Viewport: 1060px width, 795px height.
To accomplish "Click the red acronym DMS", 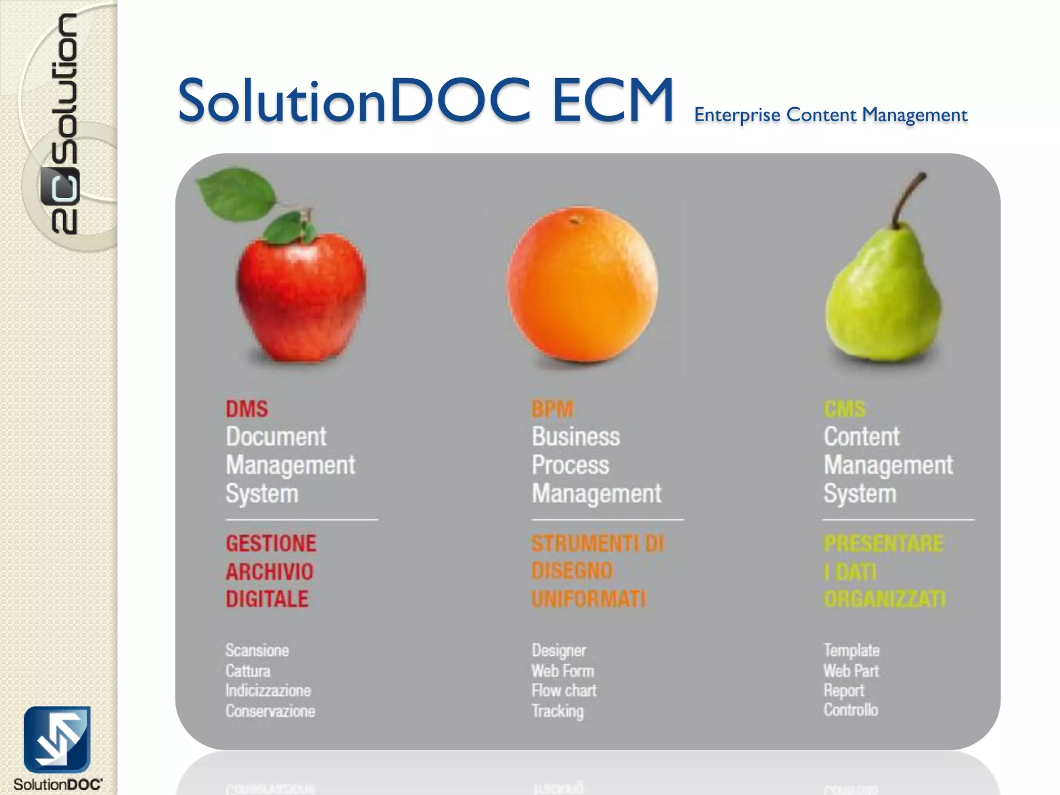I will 247,409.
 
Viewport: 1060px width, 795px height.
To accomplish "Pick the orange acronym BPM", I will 552,409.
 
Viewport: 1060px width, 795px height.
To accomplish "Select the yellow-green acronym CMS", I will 844,409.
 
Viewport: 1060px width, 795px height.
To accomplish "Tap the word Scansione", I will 257,650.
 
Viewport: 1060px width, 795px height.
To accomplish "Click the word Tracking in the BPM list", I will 557,711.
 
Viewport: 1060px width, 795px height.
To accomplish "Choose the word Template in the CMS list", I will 851,650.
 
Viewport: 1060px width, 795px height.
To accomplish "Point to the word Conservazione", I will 270,711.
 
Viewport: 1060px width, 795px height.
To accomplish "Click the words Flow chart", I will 564,690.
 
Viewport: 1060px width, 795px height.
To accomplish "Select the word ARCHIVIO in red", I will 270,571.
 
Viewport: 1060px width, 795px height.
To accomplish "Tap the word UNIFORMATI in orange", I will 589,599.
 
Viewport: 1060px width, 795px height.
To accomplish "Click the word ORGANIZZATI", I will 885,599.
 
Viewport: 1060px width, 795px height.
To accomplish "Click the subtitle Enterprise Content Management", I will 831,115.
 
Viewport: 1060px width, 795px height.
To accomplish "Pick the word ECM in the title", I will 613,100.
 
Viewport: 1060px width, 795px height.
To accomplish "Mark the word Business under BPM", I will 576,437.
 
